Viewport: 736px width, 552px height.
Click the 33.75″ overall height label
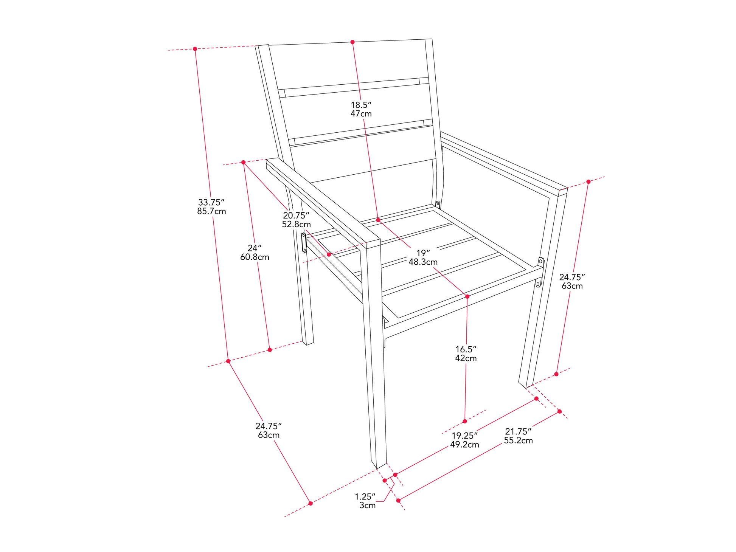coord(211,202)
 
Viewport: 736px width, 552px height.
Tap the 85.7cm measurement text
coord(211,211)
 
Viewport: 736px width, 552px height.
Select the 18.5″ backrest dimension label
coord(361,105)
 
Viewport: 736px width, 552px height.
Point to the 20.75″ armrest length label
coord(296,216)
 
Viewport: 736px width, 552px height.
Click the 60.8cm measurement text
coord(255,257)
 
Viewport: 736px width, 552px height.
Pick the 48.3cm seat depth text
coord(423,262)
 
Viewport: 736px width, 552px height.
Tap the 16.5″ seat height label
coord(466,349)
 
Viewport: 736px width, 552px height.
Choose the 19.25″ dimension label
coord(465,436)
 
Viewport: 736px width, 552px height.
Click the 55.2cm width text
coord(518,440)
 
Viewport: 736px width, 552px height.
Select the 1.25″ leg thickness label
coord(365,497)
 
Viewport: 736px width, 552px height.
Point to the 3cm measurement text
coord(368,505)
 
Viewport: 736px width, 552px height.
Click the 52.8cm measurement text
coord(296,224)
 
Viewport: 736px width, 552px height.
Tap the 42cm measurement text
coord(466,358)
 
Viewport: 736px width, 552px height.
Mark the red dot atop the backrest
coord(352,42)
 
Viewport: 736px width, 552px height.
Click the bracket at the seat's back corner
coord(438,205)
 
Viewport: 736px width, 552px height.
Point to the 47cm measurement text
coord(361,114)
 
